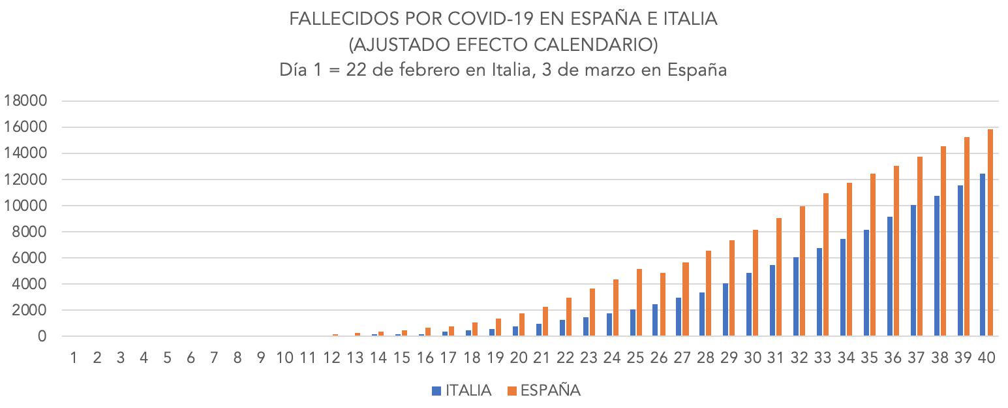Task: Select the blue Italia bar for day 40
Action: (x=983, y=255)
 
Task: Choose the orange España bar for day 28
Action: (x=708, y=294)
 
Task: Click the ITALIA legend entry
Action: (x=461, y=391)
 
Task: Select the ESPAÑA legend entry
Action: (x=543, y=391)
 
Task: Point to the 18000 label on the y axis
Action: (x=26, y=101)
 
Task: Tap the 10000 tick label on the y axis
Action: (x=26, y=206)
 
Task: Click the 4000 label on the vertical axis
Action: (x=30, y=285)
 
